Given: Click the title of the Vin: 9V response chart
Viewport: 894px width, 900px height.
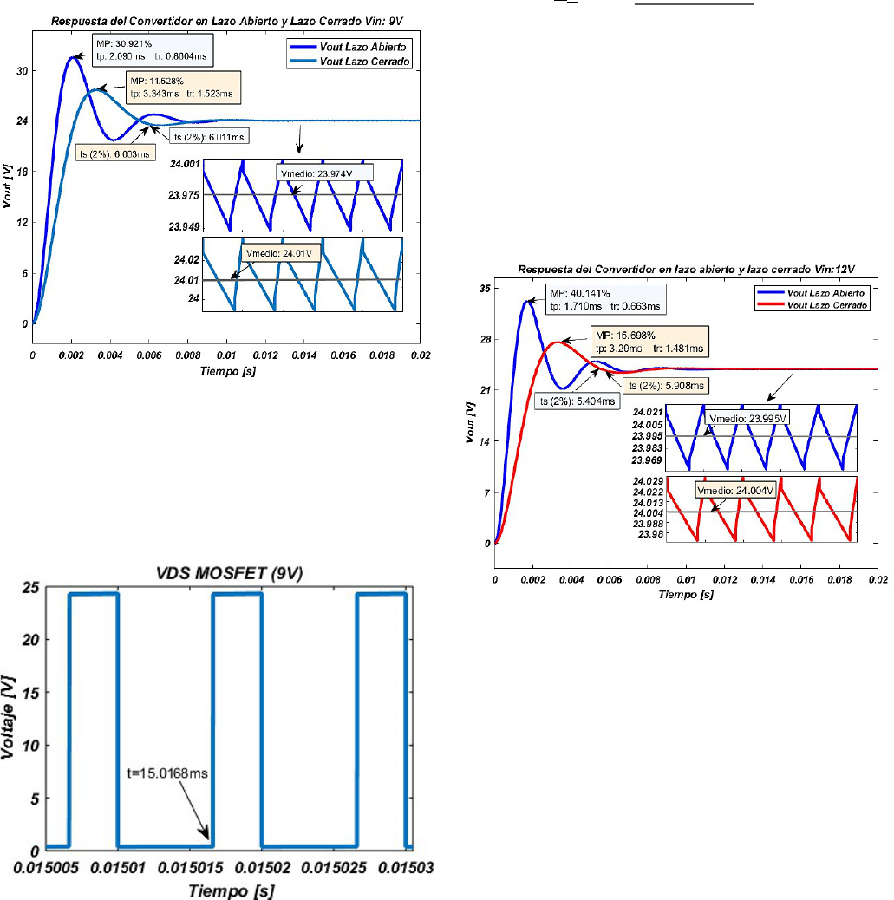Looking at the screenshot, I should coord(226,19).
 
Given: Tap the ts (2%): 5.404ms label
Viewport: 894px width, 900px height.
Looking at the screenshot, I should coord(578,401).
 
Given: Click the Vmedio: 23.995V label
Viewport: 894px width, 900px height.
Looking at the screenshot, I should coord(747,418).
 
